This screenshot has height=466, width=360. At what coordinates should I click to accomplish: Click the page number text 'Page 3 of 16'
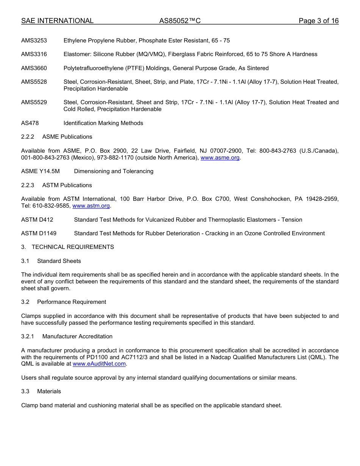pos(318,21)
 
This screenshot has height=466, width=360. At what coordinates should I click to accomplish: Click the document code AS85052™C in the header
pos(180,21)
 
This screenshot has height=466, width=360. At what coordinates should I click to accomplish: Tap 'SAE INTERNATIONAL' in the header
pos(57,21)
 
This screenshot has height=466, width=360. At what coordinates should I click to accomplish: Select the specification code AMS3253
pos(34,41)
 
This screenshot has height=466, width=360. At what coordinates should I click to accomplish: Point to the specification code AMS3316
pos(34,54)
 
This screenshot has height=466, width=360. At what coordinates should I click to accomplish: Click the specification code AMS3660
pos(34,68)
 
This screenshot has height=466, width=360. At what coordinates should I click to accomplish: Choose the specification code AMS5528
pos(34,82)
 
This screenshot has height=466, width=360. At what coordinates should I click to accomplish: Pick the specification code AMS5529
pos(34,102)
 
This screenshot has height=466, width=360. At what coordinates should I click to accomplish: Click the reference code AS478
pos(30,123)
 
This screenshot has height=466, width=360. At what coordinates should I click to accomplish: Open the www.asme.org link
pos(220,158)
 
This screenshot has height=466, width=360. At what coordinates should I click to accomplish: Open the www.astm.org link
pos(91,206)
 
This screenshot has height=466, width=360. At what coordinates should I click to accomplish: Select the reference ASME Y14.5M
pos(41,171)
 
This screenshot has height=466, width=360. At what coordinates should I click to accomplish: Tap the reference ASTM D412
pos(37,220)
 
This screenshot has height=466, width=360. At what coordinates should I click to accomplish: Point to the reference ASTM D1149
pos(39,233)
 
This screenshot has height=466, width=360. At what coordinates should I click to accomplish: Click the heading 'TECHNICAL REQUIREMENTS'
pos(73,247)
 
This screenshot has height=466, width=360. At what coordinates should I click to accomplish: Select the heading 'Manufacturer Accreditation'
pos(77,336)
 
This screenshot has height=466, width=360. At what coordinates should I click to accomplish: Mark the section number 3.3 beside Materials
pos(25,391)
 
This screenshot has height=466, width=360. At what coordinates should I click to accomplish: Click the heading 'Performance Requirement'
pos(72,302)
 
